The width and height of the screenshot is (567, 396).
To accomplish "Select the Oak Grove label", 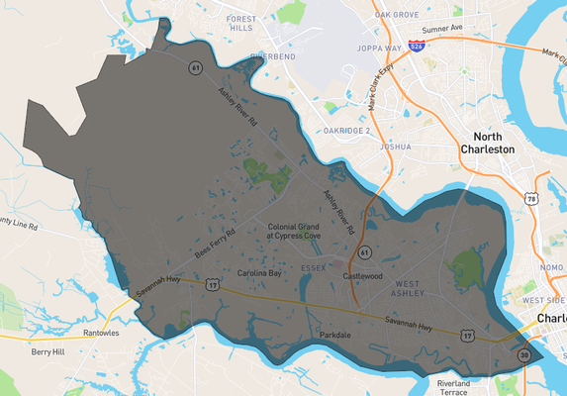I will tap(397, 15).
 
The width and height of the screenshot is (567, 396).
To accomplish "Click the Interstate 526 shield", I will tap(419, 47).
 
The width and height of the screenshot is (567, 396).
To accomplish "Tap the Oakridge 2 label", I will tap(346, 131).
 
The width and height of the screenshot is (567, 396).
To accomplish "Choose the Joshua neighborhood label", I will tap(395, 147).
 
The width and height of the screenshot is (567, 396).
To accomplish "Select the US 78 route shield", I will tap(532, 199).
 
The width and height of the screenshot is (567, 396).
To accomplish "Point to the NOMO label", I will tap(551, 268).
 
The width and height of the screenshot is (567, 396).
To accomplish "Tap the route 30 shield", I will tap(524, 354).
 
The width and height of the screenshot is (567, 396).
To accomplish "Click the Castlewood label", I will tap(361, 276).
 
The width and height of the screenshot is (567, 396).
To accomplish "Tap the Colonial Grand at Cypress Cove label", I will tap(294, 232).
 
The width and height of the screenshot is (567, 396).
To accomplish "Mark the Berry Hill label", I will tap(47, 351).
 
